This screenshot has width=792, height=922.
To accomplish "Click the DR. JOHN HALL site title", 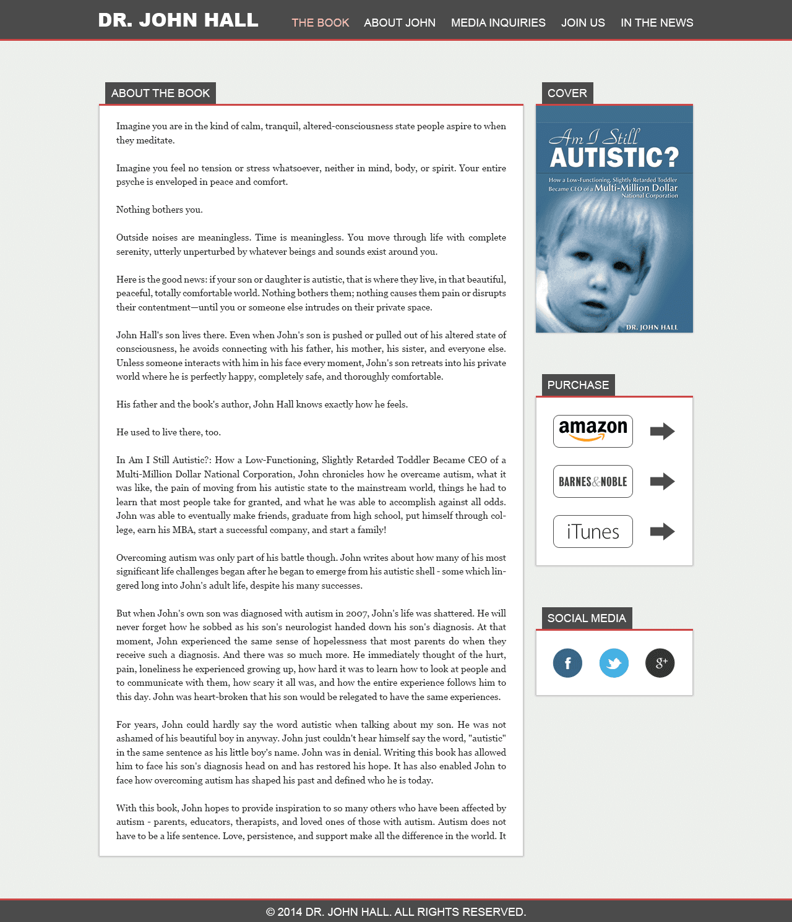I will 178,20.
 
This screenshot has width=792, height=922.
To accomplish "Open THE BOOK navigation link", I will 321,23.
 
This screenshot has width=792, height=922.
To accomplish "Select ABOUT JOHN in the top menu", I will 400,23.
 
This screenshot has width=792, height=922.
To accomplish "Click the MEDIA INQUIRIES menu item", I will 498,23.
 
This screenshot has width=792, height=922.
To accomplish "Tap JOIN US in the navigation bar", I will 583,23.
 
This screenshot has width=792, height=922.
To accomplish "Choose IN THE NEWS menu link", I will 656,23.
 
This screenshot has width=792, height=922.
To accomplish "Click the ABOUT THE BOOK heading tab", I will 160,93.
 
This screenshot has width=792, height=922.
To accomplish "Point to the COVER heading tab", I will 567,93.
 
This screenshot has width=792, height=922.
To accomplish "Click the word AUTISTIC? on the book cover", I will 614,158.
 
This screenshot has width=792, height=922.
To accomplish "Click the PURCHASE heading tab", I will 578,385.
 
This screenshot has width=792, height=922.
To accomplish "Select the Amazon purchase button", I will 593,431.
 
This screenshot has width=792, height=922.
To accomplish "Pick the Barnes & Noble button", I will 593,481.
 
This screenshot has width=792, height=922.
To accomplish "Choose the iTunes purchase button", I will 593,531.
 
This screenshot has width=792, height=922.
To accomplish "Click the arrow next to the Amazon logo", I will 662,431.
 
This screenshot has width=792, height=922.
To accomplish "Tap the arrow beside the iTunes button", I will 662,531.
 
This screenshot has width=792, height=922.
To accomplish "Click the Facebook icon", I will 567,663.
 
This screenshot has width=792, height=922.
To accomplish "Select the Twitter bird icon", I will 614,663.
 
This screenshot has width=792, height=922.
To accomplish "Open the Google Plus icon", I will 660,663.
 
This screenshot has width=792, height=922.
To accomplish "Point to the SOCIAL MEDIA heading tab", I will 587,618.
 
